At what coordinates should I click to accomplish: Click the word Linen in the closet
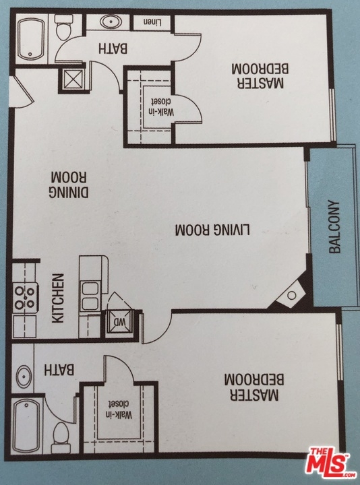pyautogui.click(x=152, y=22)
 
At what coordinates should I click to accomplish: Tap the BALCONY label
pyautogui.click(x=334, y=228)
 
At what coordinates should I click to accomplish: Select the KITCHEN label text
pyautogui.click(x=58, y=298)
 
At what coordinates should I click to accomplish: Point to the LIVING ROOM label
pyautogui.click(x=212, y=230)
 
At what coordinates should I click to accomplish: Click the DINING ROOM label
pyautogui.click(x=68, y=185)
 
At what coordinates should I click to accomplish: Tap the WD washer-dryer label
pyautogui.click(x=119, y=322)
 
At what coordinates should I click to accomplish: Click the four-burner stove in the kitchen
pyautogui.click(x=25, y=298)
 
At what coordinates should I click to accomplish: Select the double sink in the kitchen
pyautogui.click(x=90, y=296)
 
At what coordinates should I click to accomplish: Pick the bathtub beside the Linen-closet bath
pyautogui.click(x=31, y=39)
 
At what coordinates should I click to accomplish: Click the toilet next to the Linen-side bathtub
pyautogui.click(x=63, y=27)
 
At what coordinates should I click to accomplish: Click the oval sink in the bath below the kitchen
pyautogui.click(x=24, y=377)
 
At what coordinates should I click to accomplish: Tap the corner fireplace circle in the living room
pyautogui.click(x=291, y=296)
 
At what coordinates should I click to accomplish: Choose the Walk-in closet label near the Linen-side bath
pyautogui.click(x=161, y=106)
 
